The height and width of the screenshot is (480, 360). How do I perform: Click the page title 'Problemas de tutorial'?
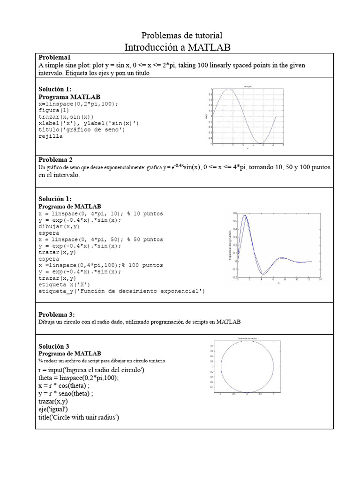[182, 36]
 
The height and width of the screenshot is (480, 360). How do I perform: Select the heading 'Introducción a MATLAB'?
[178, 47]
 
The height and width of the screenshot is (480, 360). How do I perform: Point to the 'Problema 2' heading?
[55, 159]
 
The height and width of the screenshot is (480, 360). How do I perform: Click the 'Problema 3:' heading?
[57, 315]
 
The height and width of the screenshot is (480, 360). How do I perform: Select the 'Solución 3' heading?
[54, 346]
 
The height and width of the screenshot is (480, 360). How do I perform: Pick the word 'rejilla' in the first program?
[51, 136]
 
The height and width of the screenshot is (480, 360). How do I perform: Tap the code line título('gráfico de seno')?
[82, 130]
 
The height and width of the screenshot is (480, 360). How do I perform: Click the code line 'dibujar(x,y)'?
[59, 226]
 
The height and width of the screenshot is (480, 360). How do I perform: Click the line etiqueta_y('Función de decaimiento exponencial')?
[122, 291]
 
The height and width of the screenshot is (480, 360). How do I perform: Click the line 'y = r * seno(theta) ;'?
[66, 394]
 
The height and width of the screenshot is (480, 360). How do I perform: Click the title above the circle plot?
[247, 338]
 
